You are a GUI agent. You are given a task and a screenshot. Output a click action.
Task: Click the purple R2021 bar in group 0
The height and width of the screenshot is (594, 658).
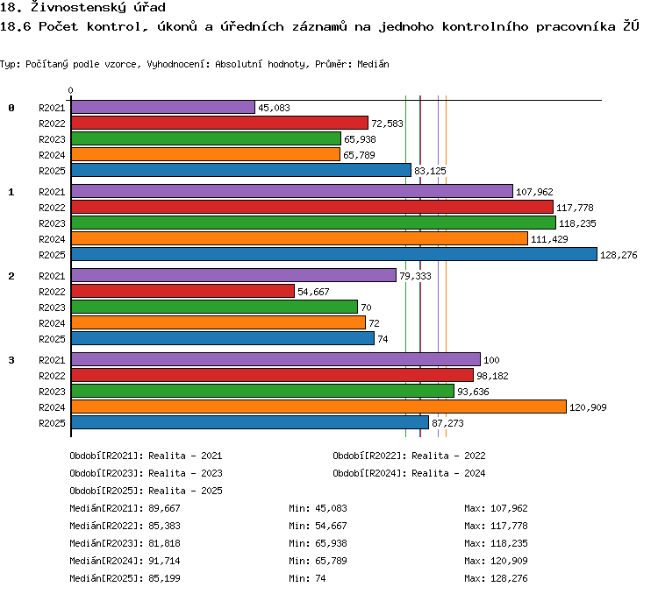coord(163,107)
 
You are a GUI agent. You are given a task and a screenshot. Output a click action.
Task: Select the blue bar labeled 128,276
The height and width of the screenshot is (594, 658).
coord(334,254)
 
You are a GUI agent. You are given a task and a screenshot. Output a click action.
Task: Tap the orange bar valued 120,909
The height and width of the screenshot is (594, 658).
coord(319,407)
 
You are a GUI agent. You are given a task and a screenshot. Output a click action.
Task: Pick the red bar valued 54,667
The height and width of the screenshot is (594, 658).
coord(183,291)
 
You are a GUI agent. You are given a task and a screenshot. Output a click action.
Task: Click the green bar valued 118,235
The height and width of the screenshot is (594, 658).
coord(313,223)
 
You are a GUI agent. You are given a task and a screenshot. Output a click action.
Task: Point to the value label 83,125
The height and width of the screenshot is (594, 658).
coord(430,171)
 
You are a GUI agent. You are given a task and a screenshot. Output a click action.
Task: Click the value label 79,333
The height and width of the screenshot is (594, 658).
coord(415,276)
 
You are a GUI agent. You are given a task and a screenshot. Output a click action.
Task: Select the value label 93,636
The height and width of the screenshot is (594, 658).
coord(473,392)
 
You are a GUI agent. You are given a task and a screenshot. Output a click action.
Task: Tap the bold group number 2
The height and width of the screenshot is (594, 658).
coord(11,276)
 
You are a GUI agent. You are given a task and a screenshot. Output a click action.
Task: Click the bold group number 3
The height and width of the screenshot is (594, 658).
coord(11,360)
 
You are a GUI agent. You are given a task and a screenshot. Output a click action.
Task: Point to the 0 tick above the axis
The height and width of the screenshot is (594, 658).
coord(70,90)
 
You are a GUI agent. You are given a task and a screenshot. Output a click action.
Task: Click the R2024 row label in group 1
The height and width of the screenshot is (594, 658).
coord(52,239)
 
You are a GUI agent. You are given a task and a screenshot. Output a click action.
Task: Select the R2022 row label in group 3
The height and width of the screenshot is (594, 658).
coord(52,376)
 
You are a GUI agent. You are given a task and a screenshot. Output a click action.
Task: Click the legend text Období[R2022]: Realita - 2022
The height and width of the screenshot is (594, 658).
coord(409,456)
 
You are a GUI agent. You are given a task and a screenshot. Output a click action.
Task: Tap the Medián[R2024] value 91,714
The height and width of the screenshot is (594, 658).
coord(165,561)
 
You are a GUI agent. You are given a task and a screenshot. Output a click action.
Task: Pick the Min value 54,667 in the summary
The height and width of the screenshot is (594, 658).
coord(331,526)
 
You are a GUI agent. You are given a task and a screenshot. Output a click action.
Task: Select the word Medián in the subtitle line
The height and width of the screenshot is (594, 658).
coord(373,64)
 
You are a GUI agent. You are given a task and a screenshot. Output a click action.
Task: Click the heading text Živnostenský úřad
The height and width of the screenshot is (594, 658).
coord(98,7)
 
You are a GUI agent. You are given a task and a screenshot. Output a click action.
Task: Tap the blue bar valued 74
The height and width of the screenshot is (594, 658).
coord(223,338)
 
